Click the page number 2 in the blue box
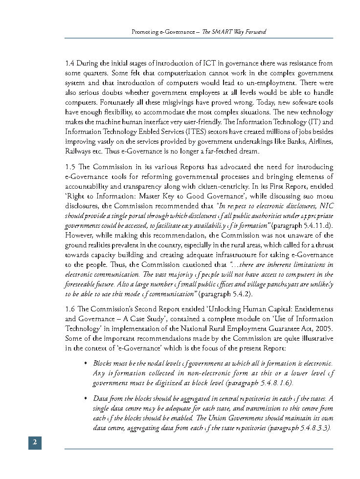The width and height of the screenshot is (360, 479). tap(34, 442)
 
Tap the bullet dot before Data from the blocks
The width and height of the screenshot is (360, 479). tap(86, 399)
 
